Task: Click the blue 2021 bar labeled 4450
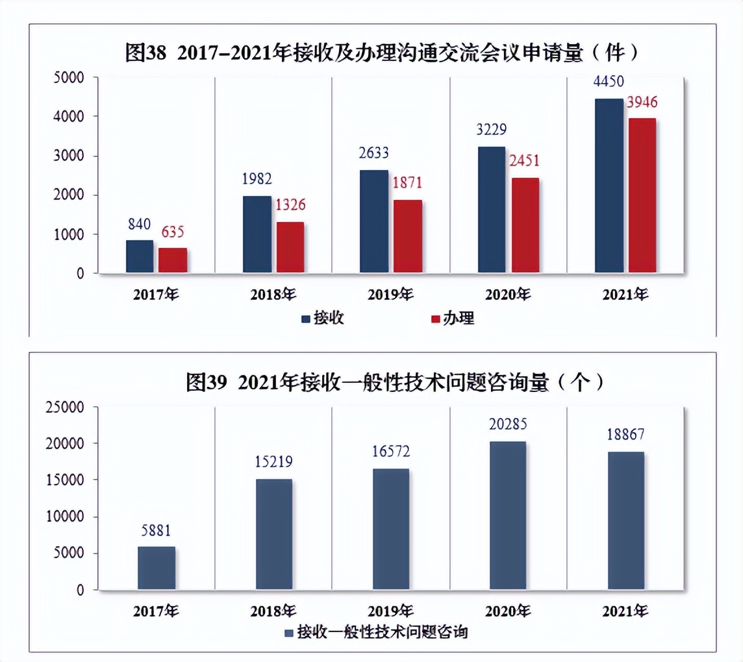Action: click(x=609, y=186)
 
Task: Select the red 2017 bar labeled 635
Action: click(x=172, y=260)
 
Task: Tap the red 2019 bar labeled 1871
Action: click(x=407, y=236)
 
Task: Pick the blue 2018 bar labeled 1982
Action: click(x=257, y=234)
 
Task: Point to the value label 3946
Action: click(x=641, y=103)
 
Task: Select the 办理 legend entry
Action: click(x=452, y=318)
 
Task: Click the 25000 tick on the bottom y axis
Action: click(x=66, y=407)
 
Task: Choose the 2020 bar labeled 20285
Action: click(x=507, y=515)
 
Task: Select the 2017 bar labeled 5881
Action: click(x=156, y=568)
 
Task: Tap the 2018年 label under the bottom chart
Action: click(x=273, y=611)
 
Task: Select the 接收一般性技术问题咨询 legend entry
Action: click(x=376, y=631)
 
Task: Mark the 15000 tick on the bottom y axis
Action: click(x=66, y=480)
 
